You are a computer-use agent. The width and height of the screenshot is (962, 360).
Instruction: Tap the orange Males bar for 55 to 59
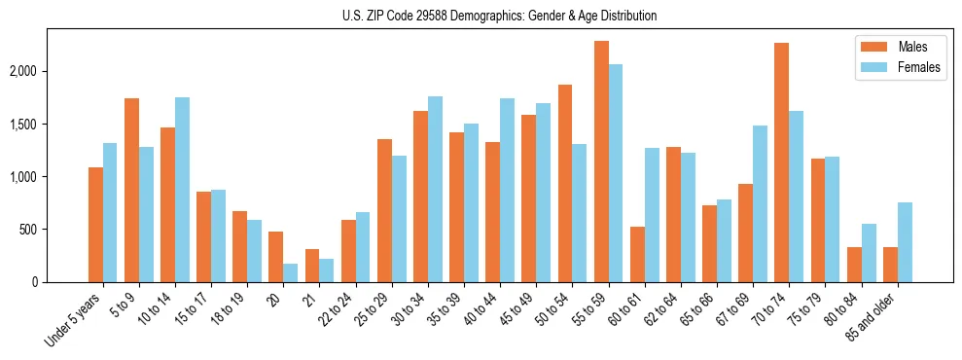tap(601, 162)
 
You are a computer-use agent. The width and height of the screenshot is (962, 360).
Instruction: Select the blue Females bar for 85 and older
tap(906, 242)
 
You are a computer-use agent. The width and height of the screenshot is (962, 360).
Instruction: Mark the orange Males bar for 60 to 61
tap(637, 254)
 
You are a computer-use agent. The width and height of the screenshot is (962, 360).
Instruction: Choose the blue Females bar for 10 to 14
tap(182, 190)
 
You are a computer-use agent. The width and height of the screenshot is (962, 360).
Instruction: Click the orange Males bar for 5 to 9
tap(131, 190)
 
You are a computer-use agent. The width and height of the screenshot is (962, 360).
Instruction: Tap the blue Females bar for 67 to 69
tap(761, 203)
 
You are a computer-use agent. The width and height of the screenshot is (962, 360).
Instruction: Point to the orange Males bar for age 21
tap(312, 266)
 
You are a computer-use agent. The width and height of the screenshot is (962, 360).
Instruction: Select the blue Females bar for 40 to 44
tap(508, 190)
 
